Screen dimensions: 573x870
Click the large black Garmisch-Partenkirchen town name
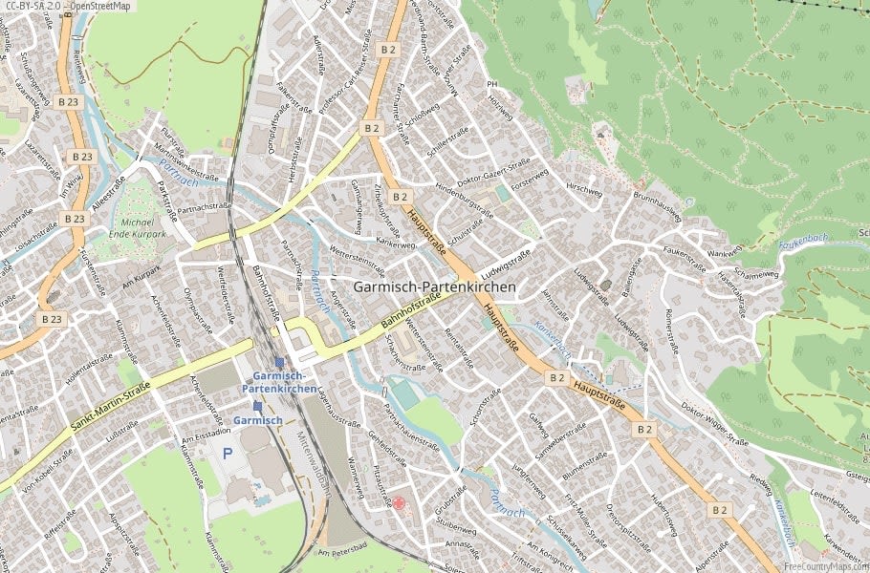click(434, 286)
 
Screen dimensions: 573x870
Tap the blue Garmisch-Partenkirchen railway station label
click(278, 382)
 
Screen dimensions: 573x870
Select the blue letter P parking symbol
click(228, 453)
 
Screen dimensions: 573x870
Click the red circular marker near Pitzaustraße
click(400, 503)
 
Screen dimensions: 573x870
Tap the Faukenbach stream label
click(802, 243)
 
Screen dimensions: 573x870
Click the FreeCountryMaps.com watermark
click(822, 564)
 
